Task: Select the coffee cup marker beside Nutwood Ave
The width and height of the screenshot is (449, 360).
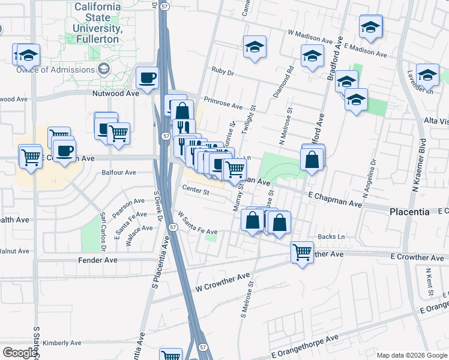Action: [148, 77]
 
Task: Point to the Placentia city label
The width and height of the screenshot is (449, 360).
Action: [409, 212]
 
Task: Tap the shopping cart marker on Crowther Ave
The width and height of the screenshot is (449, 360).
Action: [302, 251]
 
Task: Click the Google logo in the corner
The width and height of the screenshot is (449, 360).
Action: [20, 353]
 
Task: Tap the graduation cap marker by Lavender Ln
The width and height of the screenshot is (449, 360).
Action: [427, 75]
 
